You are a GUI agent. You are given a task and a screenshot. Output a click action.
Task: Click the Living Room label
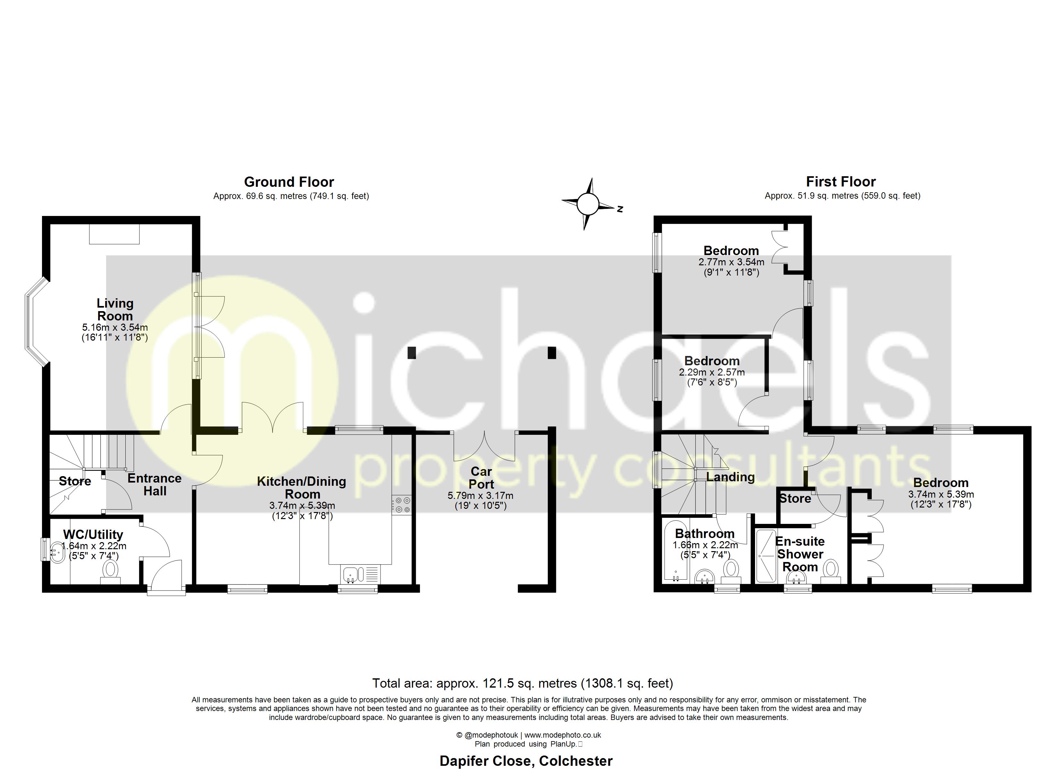click(115, 310)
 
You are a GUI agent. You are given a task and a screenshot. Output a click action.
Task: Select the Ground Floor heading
click(289, 182)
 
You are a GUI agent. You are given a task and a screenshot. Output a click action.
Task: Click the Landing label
click(730, 476)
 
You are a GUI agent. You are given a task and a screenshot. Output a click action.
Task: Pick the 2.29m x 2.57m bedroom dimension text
click(711, 373)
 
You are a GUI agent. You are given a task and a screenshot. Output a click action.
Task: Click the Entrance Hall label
click(155, 484)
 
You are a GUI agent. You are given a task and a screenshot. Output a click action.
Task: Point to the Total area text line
click(523, 683)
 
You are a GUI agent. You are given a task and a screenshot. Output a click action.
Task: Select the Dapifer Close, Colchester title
click(526, 761)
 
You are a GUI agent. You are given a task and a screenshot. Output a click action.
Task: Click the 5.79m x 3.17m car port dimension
click(481, 496)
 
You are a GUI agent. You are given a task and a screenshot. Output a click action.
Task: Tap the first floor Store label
click(795, 499)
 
